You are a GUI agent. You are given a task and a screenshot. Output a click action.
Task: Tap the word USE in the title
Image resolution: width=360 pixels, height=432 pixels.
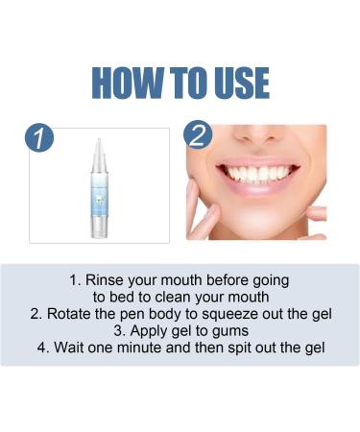234,83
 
